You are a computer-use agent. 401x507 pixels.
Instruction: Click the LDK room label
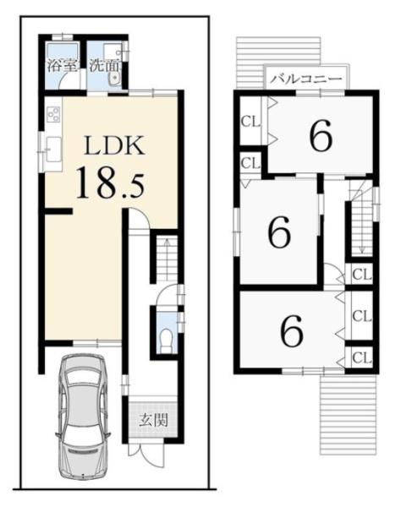114,146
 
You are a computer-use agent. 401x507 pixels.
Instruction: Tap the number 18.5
110,183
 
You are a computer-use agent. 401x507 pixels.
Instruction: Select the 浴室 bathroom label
63,65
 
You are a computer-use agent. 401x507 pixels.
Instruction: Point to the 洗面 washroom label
105,65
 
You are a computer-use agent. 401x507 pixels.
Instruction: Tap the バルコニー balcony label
306,79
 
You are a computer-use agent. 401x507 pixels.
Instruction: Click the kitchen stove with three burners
53,114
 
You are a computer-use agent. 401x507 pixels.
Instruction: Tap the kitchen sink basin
54,149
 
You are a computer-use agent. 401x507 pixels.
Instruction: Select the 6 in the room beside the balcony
321,135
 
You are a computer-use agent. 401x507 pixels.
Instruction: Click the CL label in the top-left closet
250,122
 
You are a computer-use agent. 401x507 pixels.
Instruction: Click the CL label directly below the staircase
361,275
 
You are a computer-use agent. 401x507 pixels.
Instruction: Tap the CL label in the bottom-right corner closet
361,358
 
